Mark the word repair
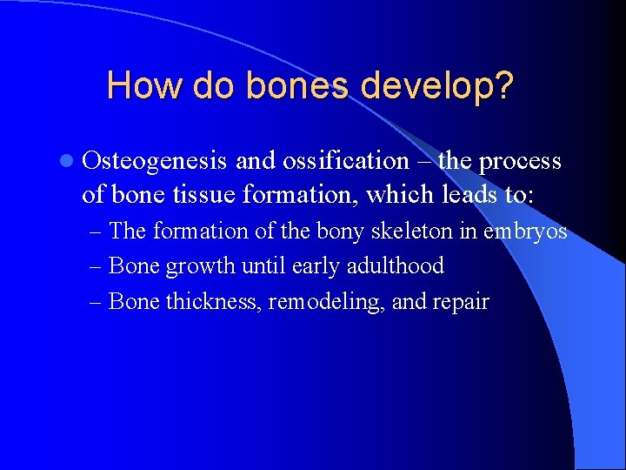463,303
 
